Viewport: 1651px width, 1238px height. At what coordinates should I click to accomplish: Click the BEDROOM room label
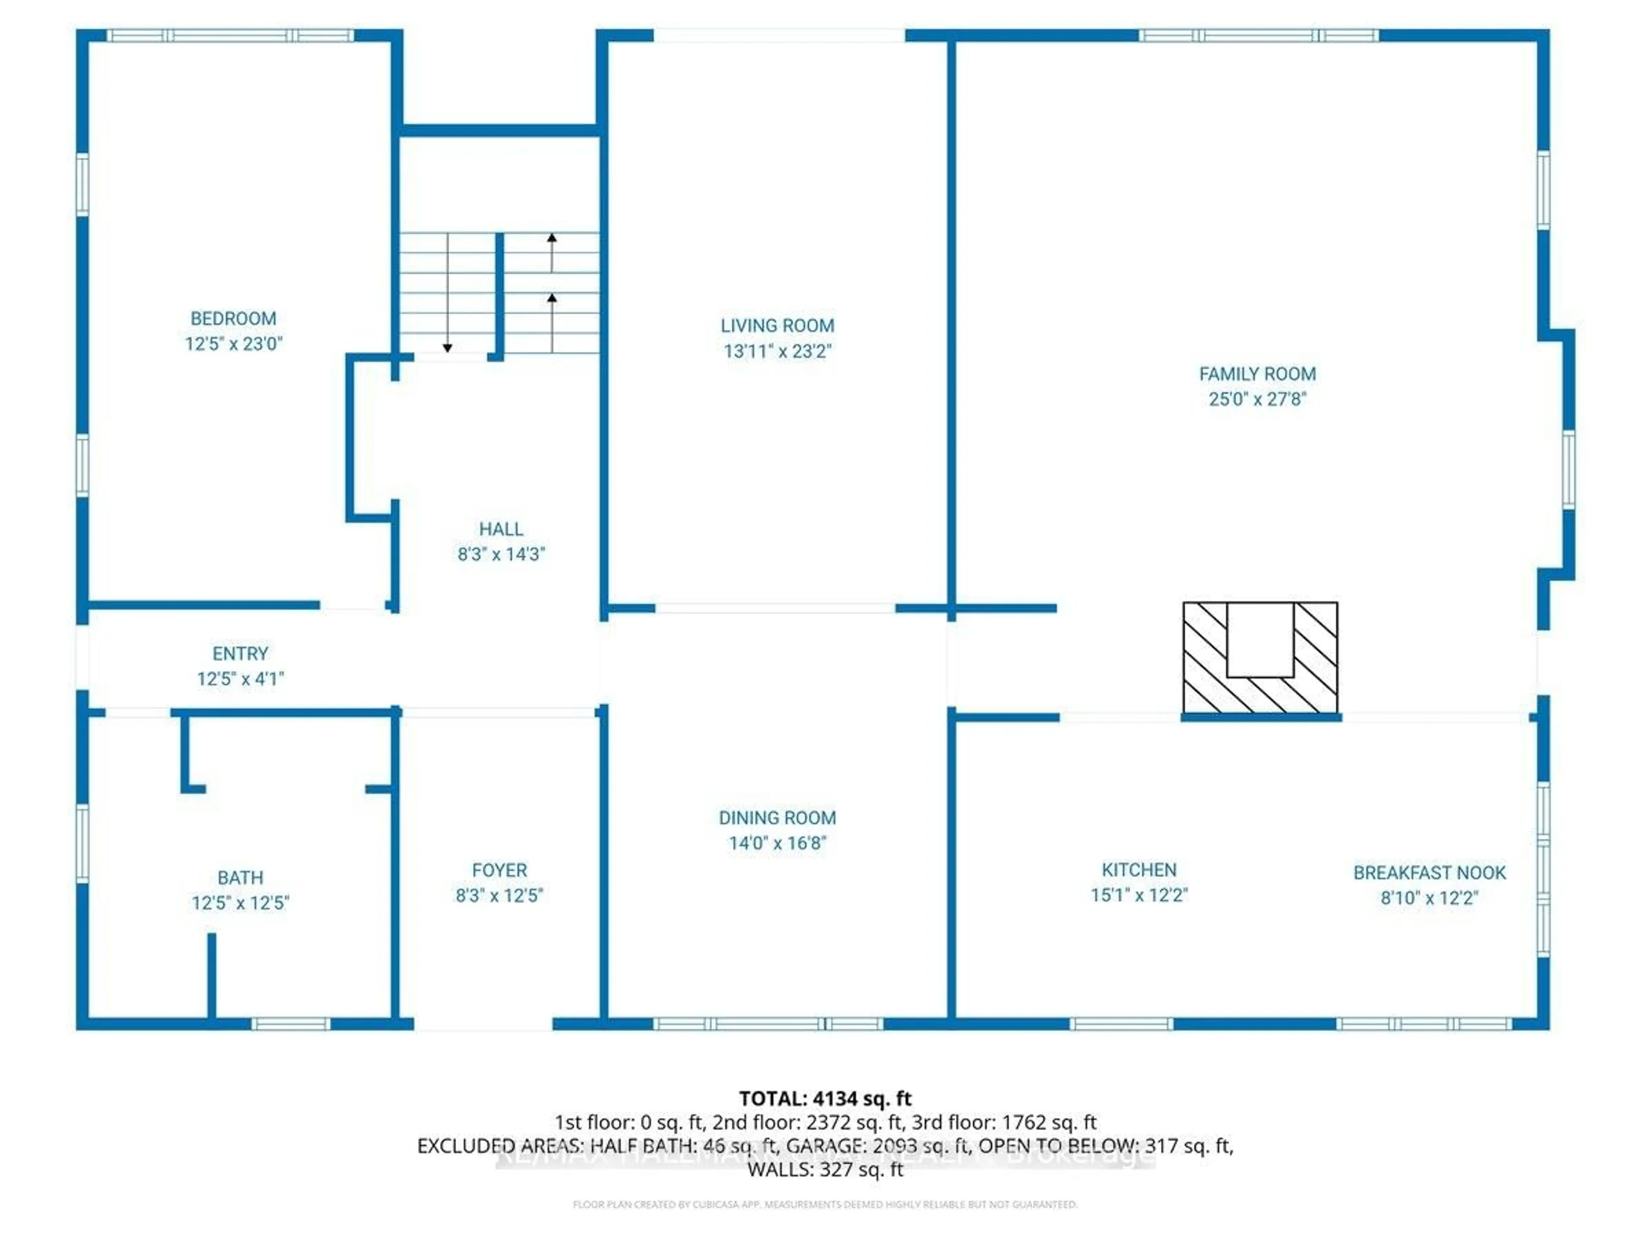[233, 319]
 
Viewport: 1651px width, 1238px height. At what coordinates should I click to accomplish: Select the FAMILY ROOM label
[1257, 374]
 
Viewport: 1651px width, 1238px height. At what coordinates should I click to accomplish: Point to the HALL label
[501, 529]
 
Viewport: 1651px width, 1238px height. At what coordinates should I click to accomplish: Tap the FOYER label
[499, 870]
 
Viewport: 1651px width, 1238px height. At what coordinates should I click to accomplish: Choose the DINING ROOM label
[777, 818]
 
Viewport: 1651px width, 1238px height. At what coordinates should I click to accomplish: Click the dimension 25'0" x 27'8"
[1257, 399]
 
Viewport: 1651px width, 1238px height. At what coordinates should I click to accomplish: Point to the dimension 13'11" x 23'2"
[777, 351]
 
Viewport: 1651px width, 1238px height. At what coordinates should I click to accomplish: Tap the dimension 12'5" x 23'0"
[233, 344]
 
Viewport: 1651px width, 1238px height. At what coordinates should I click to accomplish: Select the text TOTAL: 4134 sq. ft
[825, 1098]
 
